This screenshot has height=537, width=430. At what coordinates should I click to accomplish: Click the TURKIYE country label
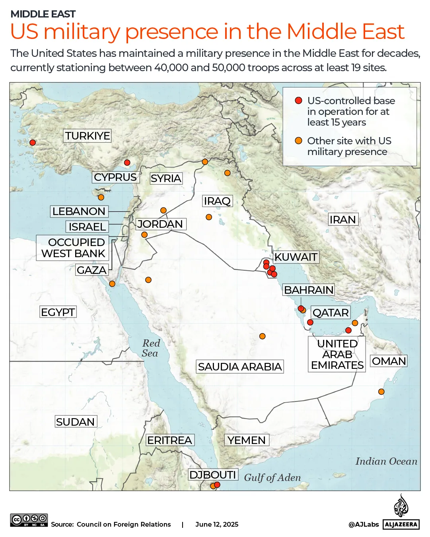click(88, 136)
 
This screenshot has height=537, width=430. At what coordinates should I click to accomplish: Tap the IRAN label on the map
click(342, 219)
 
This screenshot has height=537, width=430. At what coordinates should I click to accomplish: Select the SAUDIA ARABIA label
click(240, 366)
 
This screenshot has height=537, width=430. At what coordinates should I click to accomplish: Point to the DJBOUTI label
click(213, 475)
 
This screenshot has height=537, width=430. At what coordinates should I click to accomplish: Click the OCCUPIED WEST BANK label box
click(73, 248)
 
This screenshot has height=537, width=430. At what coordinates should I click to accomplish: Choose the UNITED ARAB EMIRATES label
click(337, 355)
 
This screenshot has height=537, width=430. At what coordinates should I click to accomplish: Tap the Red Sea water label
click(150, 348)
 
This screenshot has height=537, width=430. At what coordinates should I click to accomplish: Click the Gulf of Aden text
click(272, 477)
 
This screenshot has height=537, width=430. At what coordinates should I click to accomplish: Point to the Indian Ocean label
click(386, 461)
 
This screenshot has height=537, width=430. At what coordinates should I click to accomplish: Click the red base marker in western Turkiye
click(33, 143)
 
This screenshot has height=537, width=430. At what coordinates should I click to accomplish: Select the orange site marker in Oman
click(381, 392)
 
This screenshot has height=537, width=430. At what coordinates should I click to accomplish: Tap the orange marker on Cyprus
click(101, 198)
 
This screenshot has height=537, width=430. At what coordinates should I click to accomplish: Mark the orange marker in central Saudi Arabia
click(262, 336)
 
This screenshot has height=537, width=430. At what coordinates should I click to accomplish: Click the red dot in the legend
click(298, 101)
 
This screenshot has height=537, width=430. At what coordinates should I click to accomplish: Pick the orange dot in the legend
click(298, 141)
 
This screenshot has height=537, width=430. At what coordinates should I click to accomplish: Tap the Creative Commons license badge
click(29, 520)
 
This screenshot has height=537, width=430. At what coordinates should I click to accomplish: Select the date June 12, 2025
click(217, 524)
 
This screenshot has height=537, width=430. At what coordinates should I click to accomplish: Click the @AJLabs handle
click(364, 524)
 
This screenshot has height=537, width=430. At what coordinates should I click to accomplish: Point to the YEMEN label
click(247, 440)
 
